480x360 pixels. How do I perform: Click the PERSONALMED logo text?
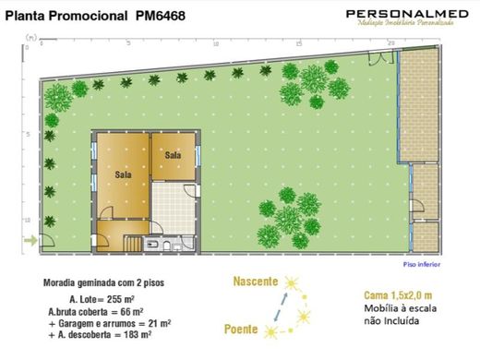coord(397,13)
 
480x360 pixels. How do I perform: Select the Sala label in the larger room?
coord(123,173)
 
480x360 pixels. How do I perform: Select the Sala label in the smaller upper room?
coord(173,154)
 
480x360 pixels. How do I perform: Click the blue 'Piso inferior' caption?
coord(423,264)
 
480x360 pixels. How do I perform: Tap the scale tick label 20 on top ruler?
coord(391,42)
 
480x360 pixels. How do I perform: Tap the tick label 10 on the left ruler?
coord(29,220)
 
